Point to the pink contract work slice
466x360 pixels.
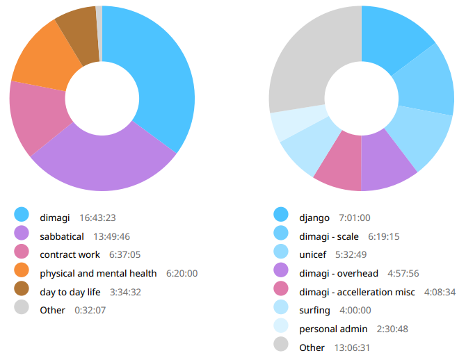pos(38,118)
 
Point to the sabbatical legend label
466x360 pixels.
pos(62,236)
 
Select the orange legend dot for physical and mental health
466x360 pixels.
pos(22,272)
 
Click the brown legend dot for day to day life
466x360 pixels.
pos(22,291)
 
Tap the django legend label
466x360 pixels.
pos(314,218)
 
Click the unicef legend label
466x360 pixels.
pos(312,254)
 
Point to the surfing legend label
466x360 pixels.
pos(315,310)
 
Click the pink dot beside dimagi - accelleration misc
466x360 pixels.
pos(281,291)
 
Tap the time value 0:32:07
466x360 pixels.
pos(91,310)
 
